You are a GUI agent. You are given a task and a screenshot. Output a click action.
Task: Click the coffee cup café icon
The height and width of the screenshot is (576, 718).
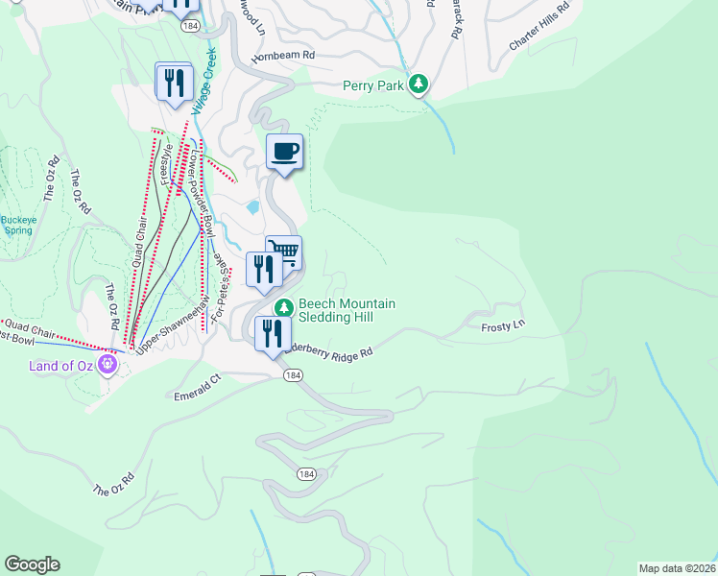[x=284, y=152]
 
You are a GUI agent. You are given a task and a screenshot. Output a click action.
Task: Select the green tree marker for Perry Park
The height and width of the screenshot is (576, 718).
[x=419, y=85]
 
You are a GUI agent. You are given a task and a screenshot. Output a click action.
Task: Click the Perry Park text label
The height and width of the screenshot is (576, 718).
[x=374, y=85]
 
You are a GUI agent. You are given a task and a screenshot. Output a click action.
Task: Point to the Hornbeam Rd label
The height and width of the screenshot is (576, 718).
[x=283, y=57]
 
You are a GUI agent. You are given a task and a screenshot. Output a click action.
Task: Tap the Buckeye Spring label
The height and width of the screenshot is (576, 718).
[x=17, y=225]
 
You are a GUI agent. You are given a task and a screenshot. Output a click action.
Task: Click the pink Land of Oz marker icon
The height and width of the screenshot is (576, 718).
[x=108, y=364]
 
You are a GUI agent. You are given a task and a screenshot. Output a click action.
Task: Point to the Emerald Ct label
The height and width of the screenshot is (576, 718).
[x=197, y=395]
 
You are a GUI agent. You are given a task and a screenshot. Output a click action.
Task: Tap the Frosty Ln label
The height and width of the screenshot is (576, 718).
[x=503, y=326]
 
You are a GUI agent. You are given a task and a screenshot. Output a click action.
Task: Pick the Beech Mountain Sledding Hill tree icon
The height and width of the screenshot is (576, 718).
[x=283, y=308]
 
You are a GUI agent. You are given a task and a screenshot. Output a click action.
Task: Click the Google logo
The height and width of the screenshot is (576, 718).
[x=33, y=564]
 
